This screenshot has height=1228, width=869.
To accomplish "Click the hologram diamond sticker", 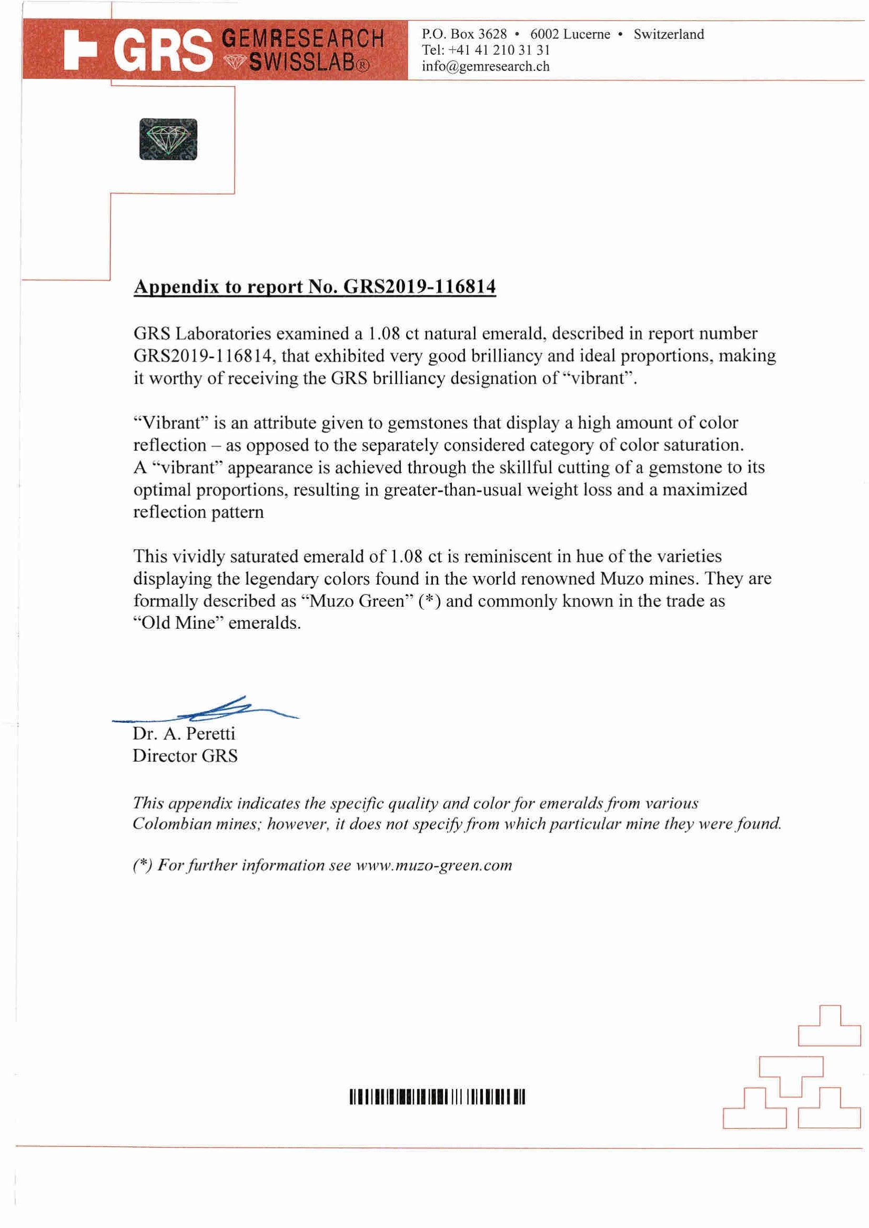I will [x=168, y=139].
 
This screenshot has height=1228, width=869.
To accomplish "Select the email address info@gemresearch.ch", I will [x=486, y=66].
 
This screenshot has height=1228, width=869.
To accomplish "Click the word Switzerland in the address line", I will [x=669, y=34].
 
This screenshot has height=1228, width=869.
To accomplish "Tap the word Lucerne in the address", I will [x=587, y=34].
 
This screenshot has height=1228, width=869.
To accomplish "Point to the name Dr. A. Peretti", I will [x=184, y=733].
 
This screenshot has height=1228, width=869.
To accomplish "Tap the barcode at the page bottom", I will [x=437, y=1098].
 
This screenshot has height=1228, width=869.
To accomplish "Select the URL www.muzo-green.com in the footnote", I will [x=434, y=865].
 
